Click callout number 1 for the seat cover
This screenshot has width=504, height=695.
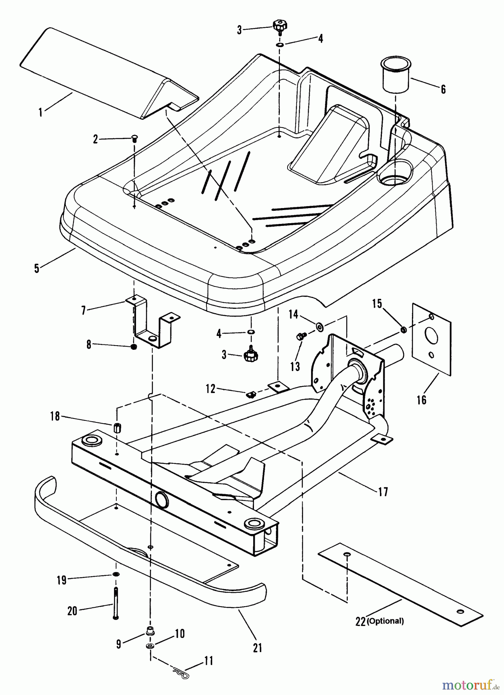pos(40,112)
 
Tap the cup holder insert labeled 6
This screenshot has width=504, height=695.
pos(395,75)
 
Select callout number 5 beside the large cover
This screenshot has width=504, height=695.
pos(37,268)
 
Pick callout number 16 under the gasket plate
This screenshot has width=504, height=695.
pos(422,399)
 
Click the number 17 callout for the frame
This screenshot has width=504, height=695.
pos(383,492)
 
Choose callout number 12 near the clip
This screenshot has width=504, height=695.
pos(210,388)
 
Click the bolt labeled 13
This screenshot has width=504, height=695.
pos(300,337)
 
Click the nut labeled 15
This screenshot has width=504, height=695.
pos(402,329)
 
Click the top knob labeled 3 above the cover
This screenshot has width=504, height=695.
pos(279,26)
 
